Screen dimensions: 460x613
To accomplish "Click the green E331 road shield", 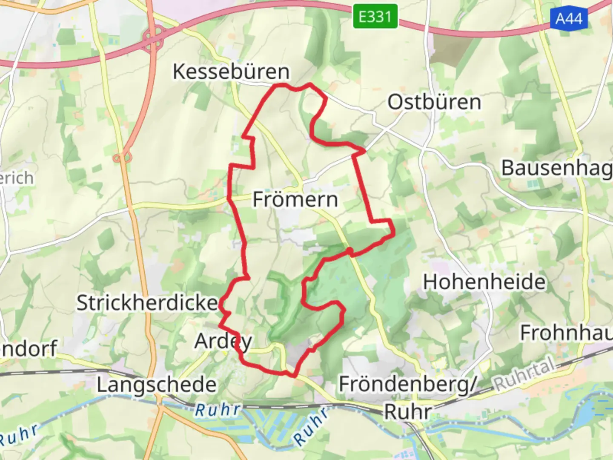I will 375,17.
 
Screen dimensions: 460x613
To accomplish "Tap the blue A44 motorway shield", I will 569,18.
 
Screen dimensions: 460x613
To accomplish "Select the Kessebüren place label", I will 231,72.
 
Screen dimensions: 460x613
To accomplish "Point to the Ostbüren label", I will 434,102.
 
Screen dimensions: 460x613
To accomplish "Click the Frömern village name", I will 295,199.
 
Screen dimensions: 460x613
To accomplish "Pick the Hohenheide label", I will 484,282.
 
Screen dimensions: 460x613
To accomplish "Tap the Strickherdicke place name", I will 147,303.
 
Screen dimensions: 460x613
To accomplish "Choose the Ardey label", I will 223,341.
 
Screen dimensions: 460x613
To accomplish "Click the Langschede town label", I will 157,385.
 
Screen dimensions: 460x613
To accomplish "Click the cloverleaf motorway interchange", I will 154,37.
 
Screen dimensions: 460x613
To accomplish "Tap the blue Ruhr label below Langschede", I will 218,410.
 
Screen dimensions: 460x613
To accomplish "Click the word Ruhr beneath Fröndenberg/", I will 408,412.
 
